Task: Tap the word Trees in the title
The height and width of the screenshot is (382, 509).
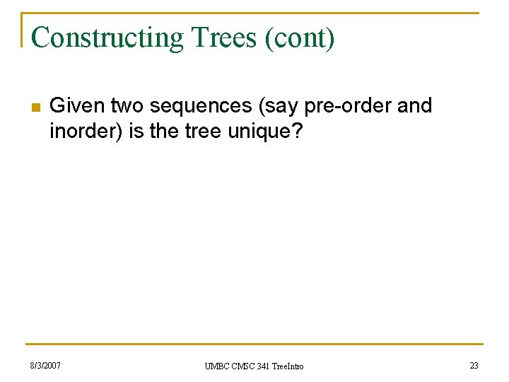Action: click(x=216, y=38)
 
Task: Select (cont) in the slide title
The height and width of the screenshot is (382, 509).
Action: click(x=300, y=38)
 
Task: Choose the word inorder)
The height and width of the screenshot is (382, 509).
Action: click(x=87, y=132)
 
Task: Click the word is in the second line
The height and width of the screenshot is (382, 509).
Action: click(x=137, y=132)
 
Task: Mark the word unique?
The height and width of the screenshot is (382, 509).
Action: click(x=267, y=132)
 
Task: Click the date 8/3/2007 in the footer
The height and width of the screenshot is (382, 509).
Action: click(x=45, y=366)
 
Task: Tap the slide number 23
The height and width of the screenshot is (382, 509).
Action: click(x=474, y=366)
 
